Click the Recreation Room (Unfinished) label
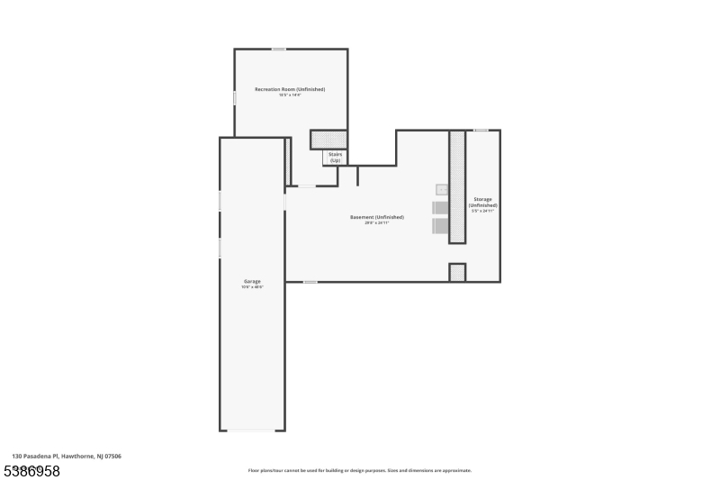(290, 89)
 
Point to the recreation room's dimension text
(290, 95)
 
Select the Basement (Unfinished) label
(376, 217)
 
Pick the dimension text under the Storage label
(482, 211)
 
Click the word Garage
(251, 281)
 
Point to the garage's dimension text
(251, 287)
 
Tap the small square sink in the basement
(442, 189)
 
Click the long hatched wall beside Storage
(457, 186)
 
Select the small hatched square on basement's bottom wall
(457, 272)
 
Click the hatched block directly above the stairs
(328, 140)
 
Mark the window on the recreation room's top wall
(279, 49)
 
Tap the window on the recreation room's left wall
(235, 96)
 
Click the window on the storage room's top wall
(481, 130)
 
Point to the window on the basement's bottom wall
(310, 282)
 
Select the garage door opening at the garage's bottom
(252, 430)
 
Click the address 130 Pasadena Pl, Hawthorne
(67, 457)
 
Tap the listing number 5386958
(32, 471)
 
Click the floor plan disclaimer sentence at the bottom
(359, 470)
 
